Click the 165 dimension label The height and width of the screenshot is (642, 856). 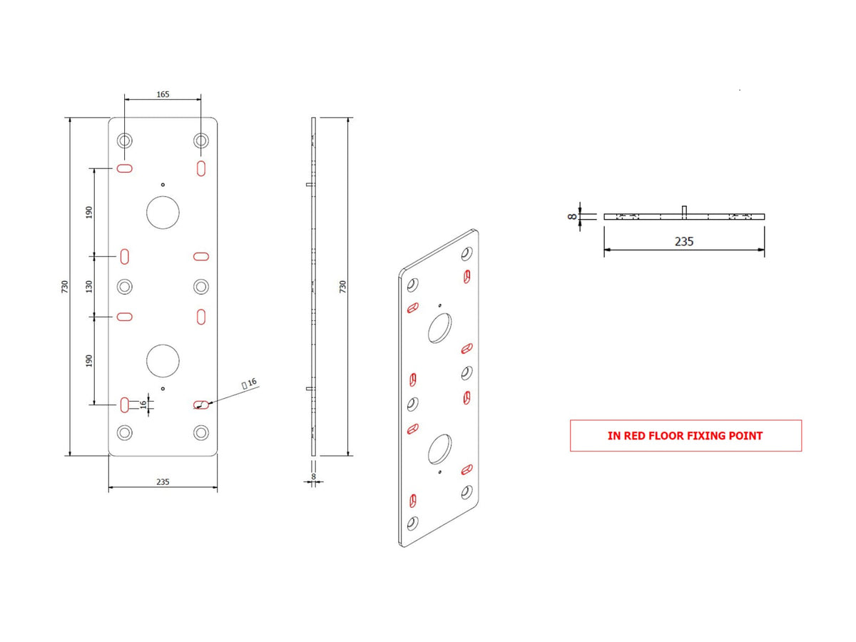click(x=163, y=94)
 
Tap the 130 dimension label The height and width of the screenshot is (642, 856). click(x=89, y=287)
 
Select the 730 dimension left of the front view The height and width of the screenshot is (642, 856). click(x=65, y=287)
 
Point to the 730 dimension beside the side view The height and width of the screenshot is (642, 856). click(x=342, y=287)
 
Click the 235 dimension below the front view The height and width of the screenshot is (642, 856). click(x=163, y=481)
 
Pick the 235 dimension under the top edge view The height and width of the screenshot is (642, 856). click(x=684, y=241)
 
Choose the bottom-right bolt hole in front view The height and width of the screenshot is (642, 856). click(x=201, y=432)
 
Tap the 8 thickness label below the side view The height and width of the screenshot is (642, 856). click(x=313, y=477)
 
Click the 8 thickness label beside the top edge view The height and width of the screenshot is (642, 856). click(x=572, y=217)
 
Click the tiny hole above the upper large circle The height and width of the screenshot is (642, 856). click(x=163, y=185)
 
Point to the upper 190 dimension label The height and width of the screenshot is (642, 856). click(x=89, y=213)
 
